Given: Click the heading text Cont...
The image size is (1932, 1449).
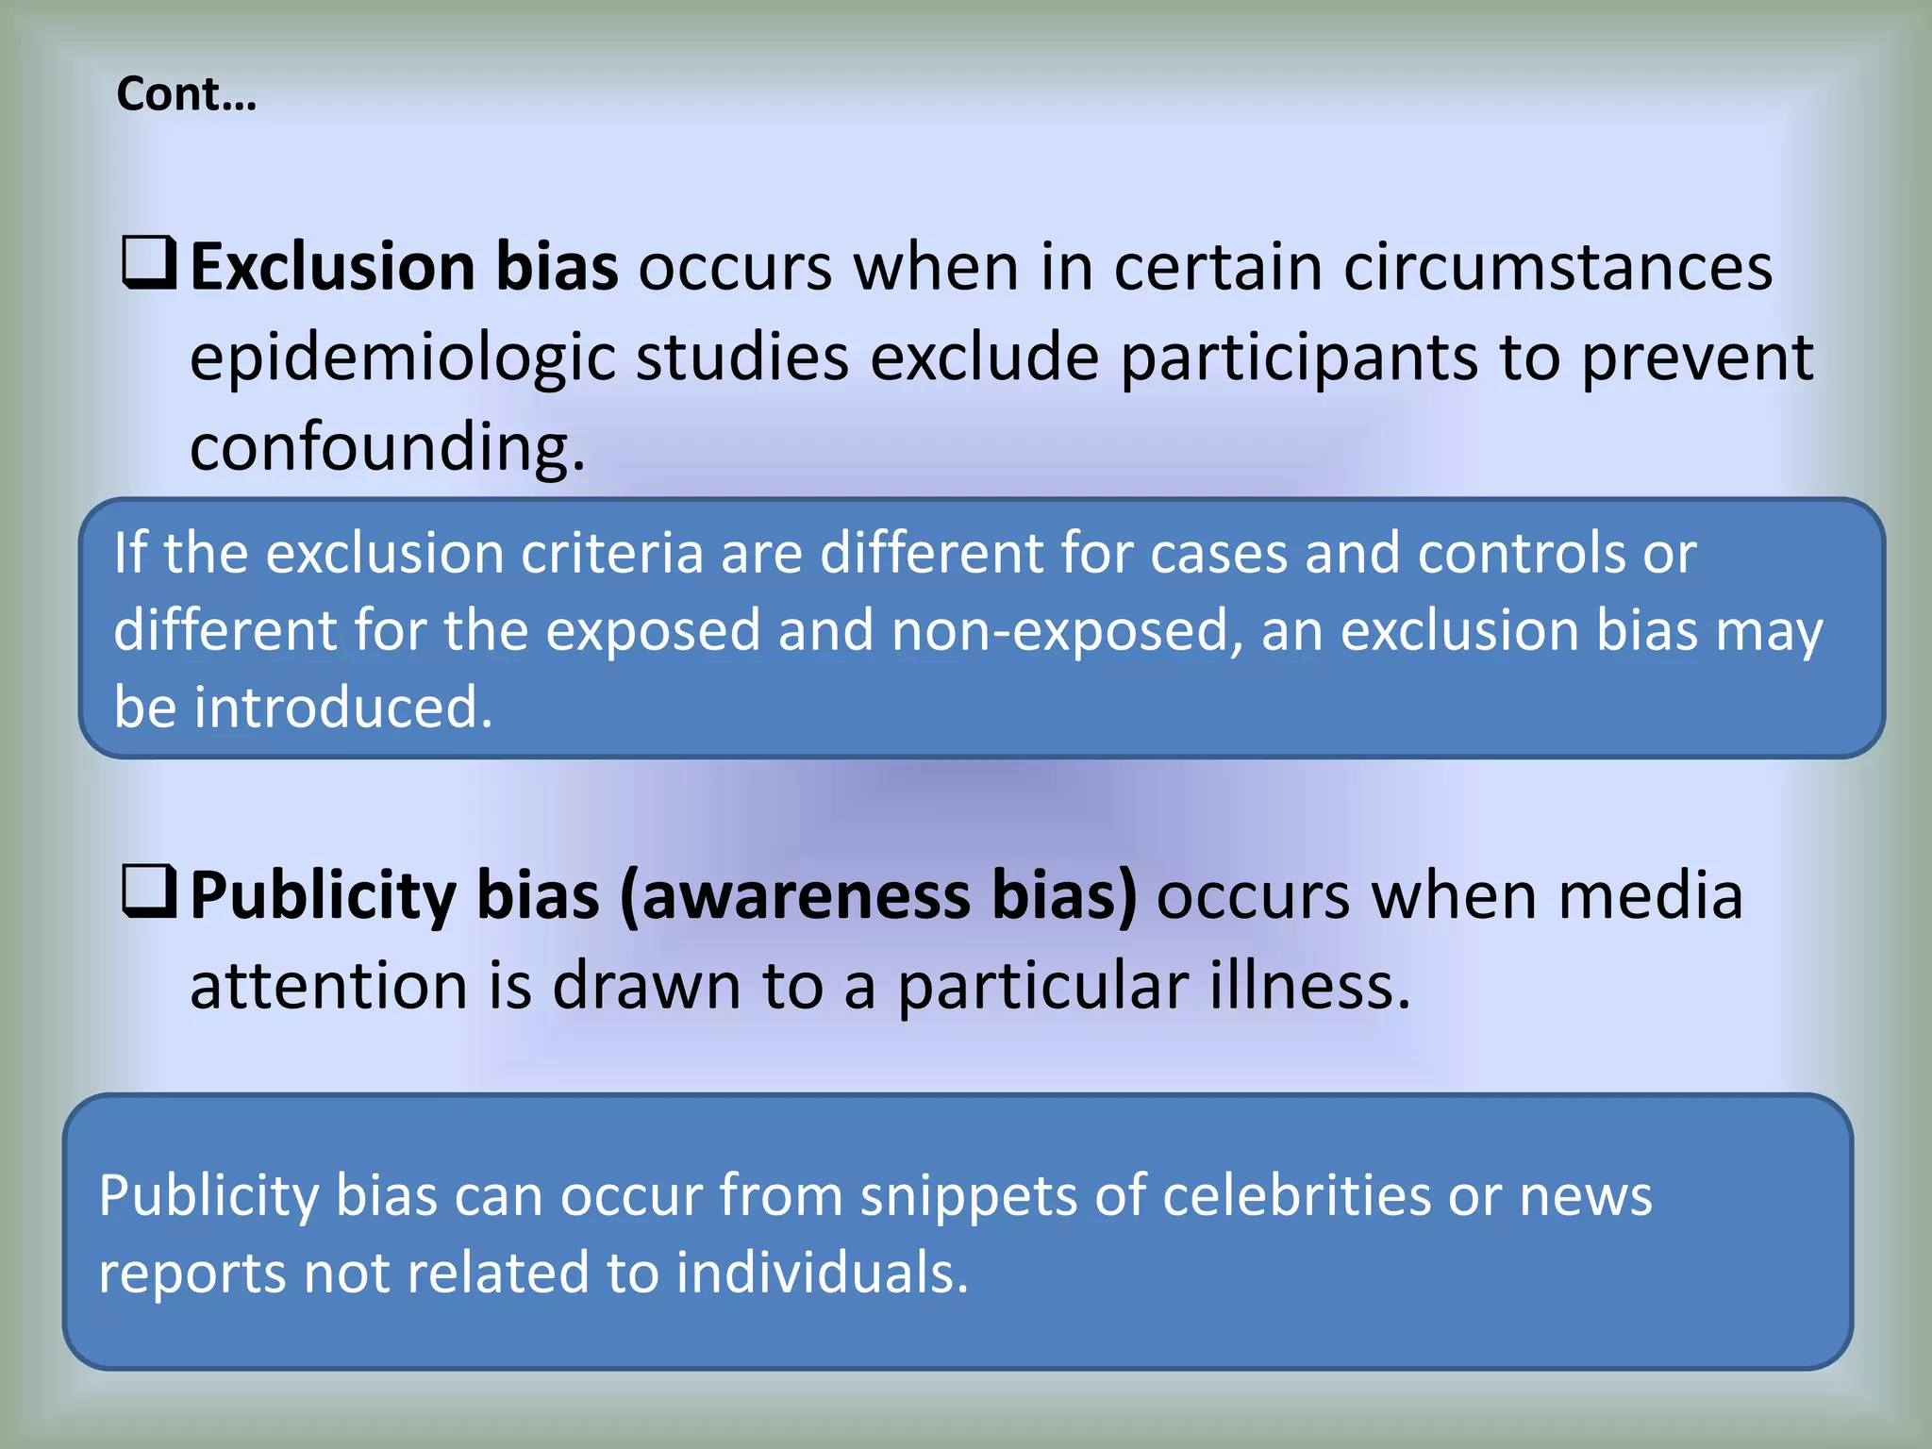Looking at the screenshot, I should tap(186, 94).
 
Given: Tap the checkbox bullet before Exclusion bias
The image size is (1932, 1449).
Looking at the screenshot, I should tap(149, 263).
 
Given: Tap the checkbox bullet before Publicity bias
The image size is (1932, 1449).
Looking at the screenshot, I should tap(149, 891).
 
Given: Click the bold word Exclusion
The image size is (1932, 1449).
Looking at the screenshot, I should tap(333, 267).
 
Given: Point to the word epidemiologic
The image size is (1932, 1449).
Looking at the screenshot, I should tap(402, 359).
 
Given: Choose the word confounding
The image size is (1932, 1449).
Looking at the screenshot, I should tap(387, 447).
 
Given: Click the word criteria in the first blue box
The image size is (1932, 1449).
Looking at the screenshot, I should tap(612, 553).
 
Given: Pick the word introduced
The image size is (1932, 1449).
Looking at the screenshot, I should tap(343, 708).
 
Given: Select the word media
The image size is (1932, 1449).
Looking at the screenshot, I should tap(1650, 895).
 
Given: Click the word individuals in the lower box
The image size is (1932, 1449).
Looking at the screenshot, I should tap(823, 1273).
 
